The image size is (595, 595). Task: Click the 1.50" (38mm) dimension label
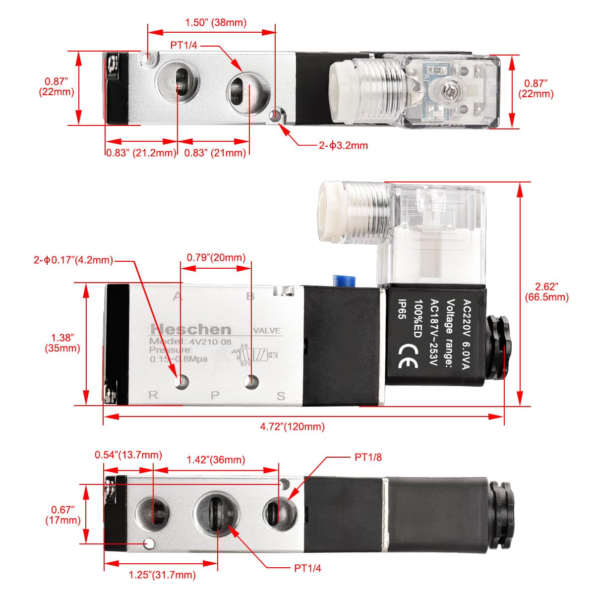pyautogui.click(x=215, y=22)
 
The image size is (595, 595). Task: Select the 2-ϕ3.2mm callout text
pyautogui.click(x=343, y=145)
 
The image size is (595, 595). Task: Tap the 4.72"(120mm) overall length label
pyautogui.click(x=293, y=426)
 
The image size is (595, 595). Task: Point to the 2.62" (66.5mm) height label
pyautogui.click(x=546, y=292)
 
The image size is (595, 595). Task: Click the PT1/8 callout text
pyautogui.click(x=368, y=457)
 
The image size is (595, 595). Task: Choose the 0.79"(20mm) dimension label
pyautogui.click(x=216, y=257)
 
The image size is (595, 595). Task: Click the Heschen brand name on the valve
pyautogui.click(x=191, y=329)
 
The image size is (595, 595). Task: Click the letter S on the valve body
pyautogui.click(x=281, y=396)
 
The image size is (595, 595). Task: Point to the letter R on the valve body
pyautogui.click(x=153, y=395)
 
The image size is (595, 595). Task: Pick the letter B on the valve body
pyautogui.click(x=250, y=297)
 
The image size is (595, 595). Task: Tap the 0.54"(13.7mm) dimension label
pyautogui.click(x=128, y=455)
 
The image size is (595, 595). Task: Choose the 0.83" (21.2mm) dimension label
pyautogui.click(x=141, y=153)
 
